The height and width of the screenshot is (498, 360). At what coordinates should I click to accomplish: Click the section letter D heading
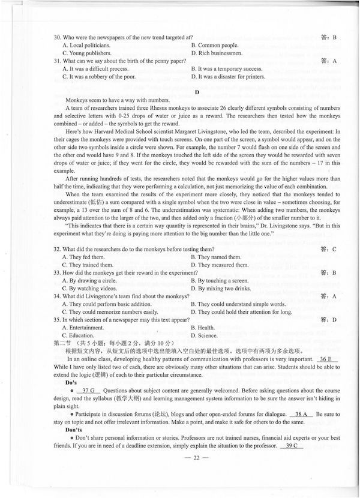pyautogui.click(x=197, y=92)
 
